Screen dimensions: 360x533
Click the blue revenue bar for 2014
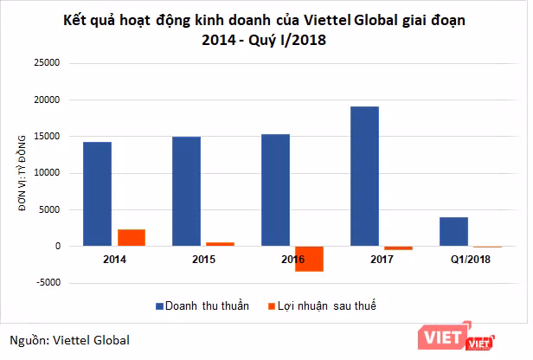pos(97,194)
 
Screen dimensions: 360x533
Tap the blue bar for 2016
pos(275,190)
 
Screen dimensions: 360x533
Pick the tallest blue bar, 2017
pos(364,177)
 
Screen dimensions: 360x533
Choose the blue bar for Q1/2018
pos(453,232)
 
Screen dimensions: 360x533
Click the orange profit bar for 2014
pos(131,238)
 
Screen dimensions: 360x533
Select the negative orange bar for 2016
pos(309,259)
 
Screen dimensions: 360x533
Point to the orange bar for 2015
pos(220,244)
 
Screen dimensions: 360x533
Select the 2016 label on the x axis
pos(292,259)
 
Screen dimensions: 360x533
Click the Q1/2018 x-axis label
pos(470,259)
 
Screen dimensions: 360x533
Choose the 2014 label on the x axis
pos(114,259)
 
